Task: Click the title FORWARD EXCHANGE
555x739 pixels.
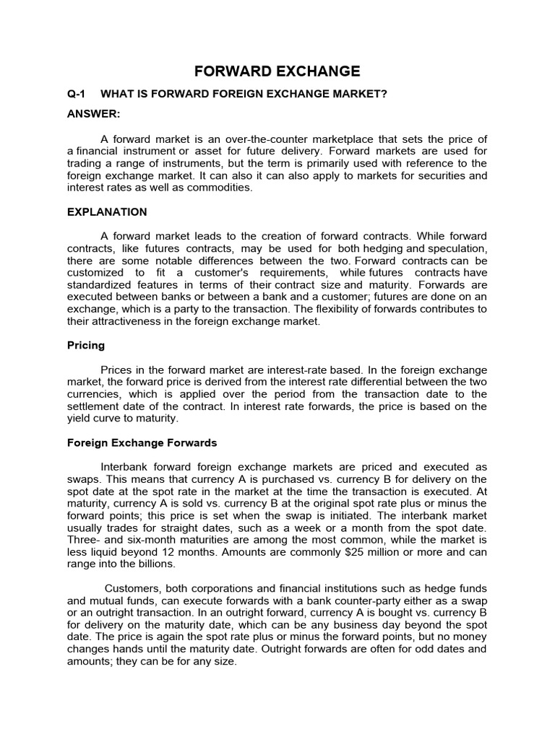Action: [277, 71]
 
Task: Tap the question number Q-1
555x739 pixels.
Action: [77, 95]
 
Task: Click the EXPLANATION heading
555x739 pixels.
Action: [107, 212]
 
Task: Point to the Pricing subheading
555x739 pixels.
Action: [86, 346]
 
